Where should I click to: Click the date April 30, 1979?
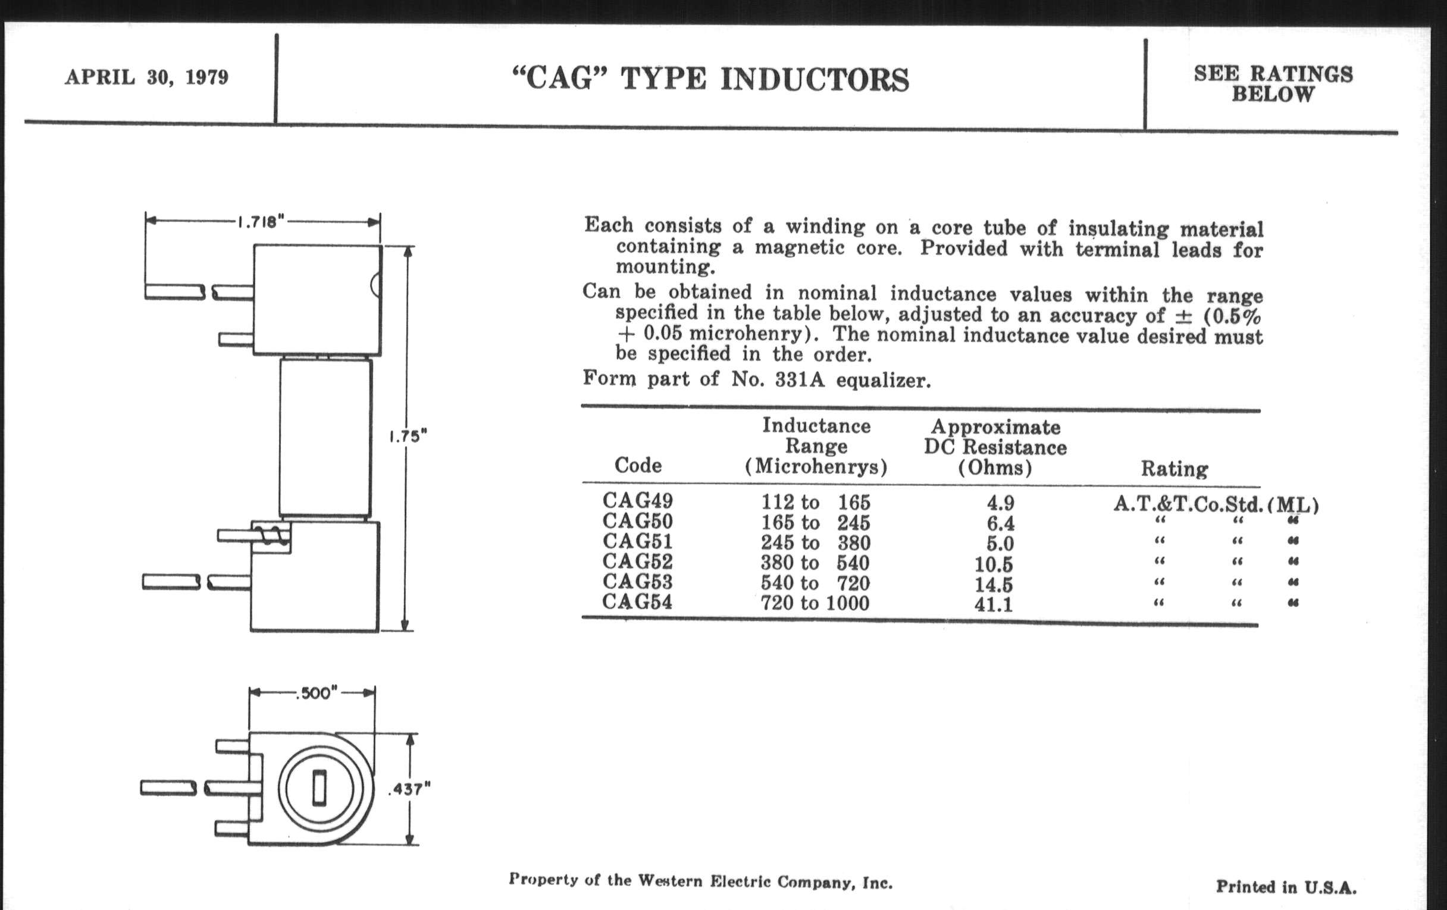point(146,77)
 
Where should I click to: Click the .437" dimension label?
point(410,789)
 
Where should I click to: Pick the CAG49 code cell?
point(638,500)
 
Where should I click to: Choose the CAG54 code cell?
point(637,601)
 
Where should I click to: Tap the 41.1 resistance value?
point(993,604)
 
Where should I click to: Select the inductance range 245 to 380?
point(816,542)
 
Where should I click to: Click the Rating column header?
point(1174,469)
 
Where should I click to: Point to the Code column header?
point(638,465)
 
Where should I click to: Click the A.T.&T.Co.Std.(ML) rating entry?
point(1216,504)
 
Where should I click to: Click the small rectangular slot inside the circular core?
point(320,787)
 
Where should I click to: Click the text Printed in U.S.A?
point(1286,887)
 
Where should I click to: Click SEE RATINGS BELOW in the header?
point(1273,84)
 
